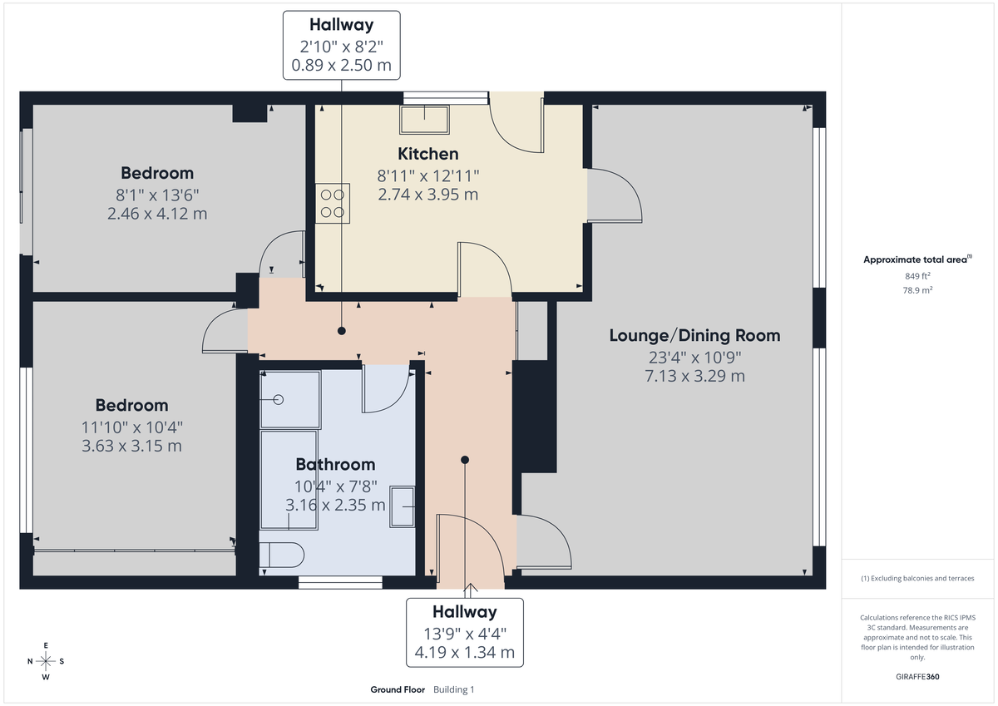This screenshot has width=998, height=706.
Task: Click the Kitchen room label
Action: [x=427, y=154]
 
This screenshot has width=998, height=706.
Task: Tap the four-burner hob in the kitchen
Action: [x=331, y=203]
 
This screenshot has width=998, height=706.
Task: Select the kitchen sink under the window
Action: [x=425, y=120]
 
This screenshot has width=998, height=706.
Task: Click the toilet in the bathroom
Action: [x=281, y=555]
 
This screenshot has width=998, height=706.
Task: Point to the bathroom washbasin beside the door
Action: [x=403, y=506]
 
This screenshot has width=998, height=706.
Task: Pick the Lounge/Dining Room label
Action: [x=694, y=336]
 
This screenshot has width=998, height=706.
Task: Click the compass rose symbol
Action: [x=47, y=661]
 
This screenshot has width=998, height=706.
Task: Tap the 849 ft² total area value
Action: [x=917, y=275]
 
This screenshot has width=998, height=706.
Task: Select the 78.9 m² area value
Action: [x=917, y=290]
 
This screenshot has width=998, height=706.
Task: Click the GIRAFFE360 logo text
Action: [x=917, y=677]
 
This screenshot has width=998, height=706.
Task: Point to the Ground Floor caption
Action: [x=398, y=689]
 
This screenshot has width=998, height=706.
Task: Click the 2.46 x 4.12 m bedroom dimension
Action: [x=157, y=214]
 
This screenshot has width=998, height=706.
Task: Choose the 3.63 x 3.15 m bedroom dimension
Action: [x=131, y=446]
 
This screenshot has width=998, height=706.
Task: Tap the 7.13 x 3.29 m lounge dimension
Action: [x=694, y=376]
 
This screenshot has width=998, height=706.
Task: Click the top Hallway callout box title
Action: [x=341, y=26]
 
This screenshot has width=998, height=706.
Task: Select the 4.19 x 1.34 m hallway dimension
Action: [x=464, y=653]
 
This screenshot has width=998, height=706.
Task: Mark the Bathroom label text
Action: [x=335, y=465]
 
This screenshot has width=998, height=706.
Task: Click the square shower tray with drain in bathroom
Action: [x=289, y=400]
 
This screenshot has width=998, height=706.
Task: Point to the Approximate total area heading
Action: [x=917, y=259]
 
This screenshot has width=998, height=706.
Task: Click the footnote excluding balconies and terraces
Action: [x=917, y=578]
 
